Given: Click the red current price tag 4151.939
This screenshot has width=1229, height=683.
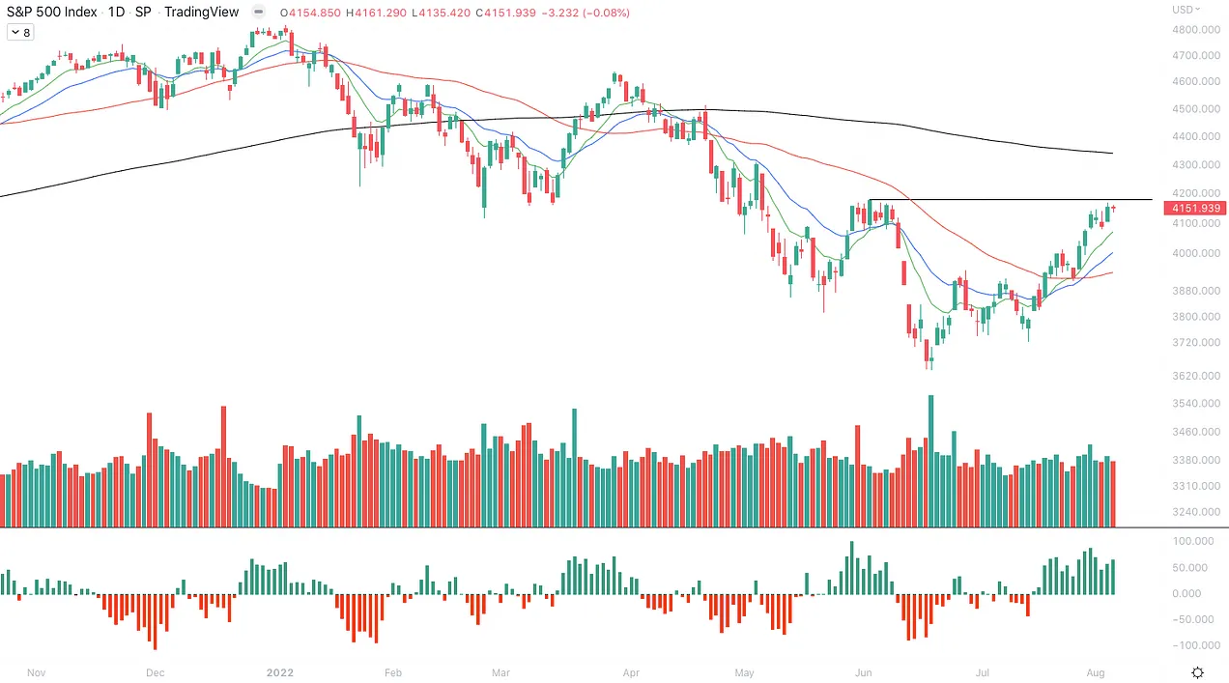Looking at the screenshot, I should coord(1196,208).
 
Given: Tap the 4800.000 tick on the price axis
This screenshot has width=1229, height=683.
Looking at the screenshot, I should coord(1196,30).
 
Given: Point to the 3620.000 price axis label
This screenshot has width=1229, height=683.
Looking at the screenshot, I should coord(1196,376).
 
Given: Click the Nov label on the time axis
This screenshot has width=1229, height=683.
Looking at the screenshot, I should coord(37,672).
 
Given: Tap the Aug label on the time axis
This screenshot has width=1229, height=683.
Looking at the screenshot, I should coord(1095,672).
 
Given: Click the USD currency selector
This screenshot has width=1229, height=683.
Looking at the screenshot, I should coord(1186,10).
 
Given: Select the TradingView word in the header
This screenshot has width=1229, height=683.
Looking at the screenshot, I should coord(203,13).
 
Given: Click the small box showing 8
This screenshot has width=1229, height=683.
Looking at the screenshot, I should coord(19,32).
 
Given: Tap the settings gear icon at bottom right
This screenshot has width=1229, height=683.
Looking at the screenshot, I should coord(1198,672).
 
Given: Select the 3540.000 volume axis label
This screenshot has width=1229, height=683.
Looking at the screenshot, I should coord(1196,404).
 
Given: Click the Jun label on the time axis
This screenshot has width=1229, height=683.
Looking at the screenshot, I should coord(863,672).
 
